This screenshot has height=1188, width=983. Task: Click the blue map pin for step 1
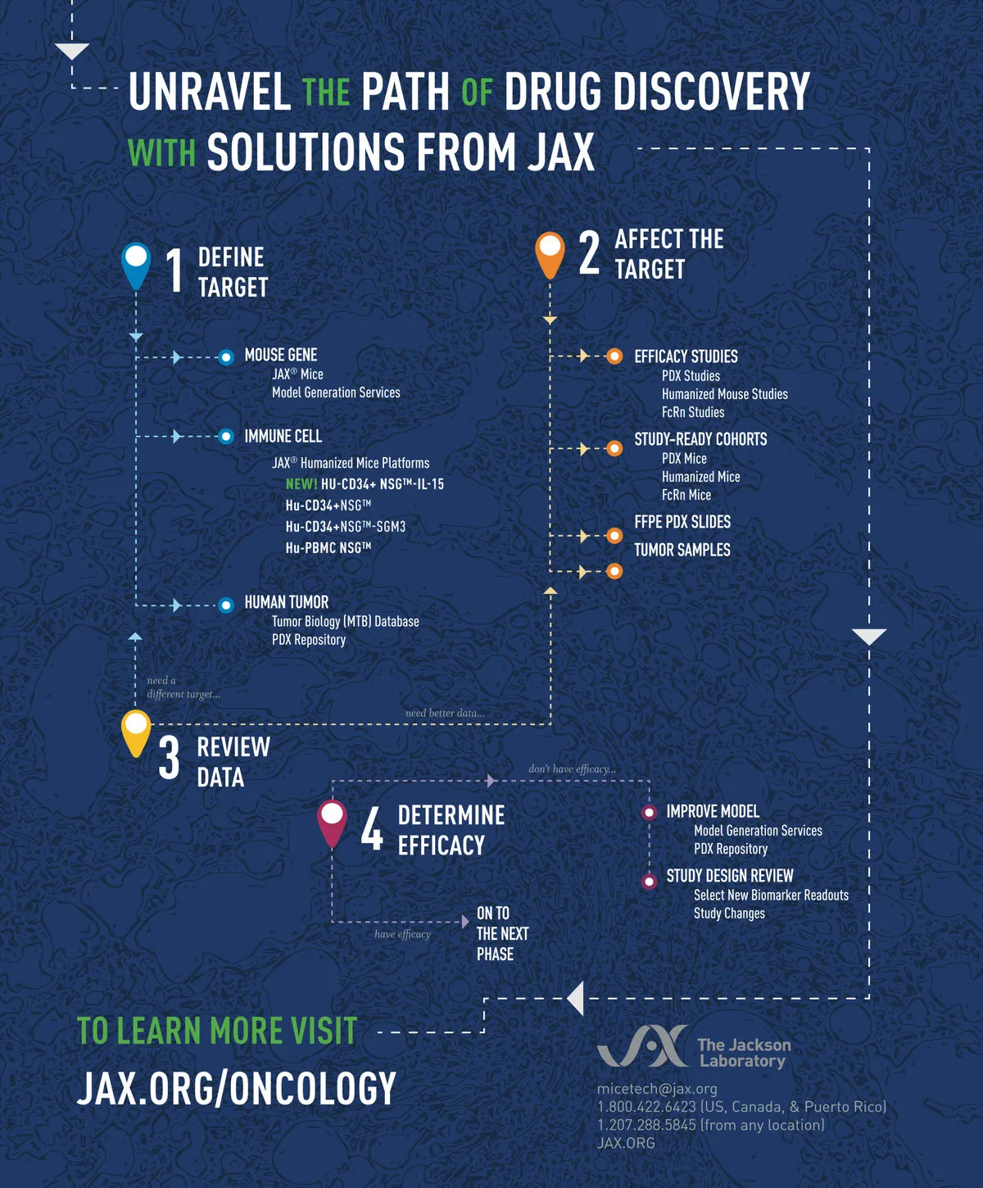click(x=136, y=265)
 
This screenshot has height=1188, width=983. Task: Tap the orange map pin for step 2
click(x=550, y=255)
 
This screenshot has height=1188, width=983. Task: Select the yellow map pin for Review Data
click(x=136, y=733)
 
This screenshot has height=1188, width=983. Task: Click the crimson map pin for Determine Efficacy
click(x=332, y=823)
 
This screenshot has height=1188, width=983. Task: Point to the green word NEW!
click(x=301, y=484)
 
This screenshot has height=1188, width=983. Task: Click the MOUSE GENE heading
click(x=281, y=355)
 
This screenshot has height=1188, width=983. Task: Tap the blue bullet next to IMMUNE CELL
click(x=226, y=437)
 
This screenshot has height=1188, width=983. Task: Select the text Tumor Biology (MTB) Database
click(x=346, y=621)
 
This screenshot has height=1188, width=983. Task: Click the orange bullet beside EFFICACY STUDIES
click(x=614, y=356)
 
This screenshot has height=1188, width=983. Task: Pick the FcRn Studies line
click(x=693, y=412)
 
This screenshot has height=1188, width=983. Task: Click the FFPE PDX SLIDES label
click(x=682, y=522)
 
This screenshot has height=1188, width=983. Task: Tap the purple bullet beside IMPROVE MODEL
click(x=649, y=813)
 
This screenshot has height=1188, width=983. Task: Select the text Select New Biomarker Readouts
click(x=772, y=895)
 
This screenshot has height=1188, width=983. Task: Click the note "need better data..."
click(x=445, y=713)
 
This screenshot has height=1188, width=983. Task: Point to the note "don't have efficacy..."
click(x=573, y=769)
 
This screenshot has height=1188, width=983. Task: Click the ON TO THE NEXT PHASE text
click(x=503, y=934)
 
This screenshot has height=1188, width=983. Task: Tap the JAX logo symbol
click(x=642, y=1045)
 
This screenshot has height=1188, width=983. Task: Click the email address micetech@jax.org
click(x=657, y=1088)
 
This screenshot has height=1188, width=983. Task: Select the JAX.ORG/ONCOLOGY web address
click(x=236, y=1087)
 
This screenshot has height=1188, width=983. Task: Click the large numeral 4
click(x=372, y=830)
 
